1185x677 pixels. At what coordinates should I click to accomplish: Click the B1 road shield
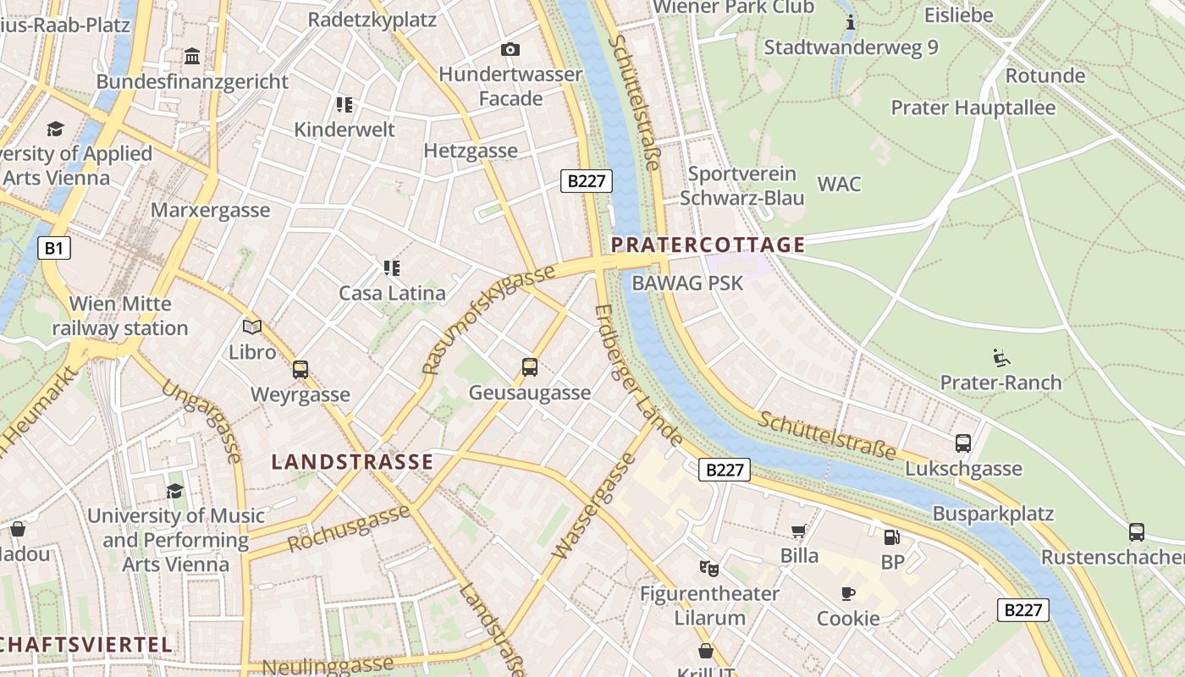[x=53, y=248]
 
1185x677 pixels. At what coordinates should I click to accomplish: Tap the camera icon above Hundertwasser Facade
[x=510, y=50]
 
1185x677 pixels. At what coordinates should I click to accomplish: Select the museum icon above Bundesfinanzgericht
[x=192, y=57]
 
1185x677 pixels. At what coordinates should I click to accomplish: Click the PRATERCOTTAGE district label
[x=708, y=245]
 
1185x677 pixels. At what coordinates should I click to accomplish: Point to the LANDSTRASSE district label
[x=352, y=462]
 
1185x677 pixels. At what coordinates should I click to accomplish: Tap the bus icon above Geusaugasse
[x=530, y=367]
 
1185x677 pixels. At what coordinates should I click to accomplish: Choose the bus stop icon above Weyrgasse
[x=300, y=370]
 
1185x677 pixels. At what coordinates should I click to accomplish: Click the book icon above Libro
[x=252, y=327]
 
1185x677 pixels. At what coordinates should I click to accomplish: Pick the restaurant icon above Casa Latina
[x=391, y=268]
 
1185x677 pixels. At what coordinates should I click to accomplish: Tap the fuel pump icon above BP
[x=891, y=537]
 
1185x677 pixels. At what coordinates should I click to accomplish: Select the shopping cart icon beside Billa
[x=798, y=531]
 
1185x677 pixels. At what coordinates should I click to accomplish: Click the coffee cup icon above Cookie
[x=847, y=593]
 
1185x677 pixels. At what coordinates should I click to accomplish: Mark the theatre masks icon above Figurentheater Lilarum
[x=708, y=568]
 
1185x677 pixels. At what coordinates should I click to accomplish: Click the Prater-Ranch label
[x=1000, y=383]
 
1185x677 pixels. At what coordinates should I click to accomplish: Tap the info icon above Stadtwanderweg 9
[x=851, y=22]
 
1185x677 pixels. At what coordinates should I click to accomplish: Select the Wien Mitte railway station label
[x=120, y=316]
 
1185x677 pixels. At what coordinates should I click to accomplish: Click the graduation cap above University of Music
[x=174, y=491]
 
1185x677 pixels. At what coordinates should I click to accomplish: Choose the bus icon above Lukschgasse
[x=963, y=443]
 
